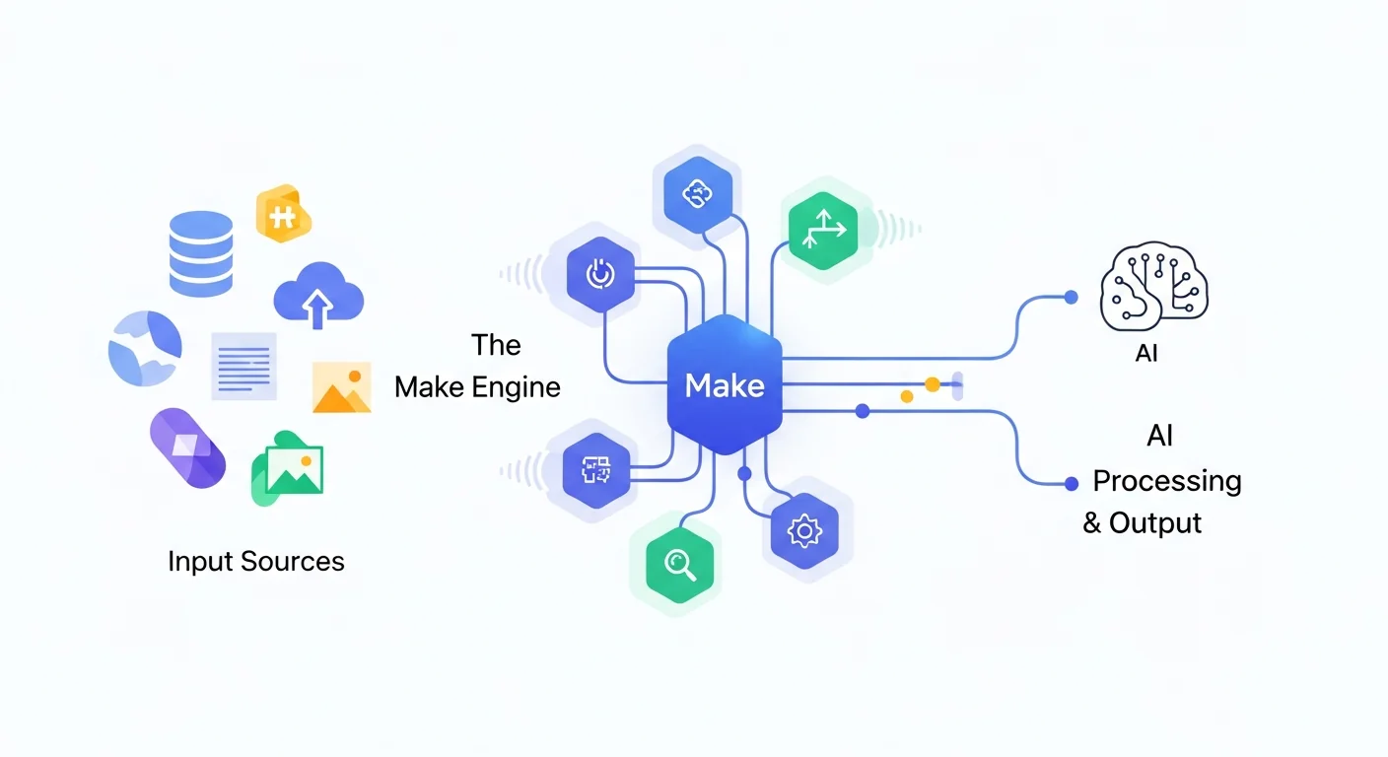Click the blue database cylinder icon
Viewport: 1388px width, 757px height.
tap(201, 253)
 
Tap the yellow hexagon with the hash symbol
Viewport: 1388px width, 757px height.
tap(283, 214)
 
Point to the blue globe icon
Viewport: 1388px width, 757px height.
tap(145, 348)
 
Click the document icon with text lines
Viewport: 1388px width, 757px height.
tap(243, 366)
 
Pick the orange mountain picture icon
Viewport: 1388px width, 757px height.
tap(341, 387)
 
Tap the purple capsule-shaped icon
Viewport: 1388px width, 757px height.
tap(187, 448)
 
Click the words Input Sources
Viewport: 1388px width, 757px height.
tap(256, 562)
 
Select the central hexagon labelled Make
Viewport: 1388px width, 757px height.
tap(725, 385)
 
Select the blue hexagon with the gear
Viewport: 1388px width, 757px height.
tap(804, 530)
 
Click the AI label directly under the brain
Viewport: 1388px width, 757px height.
tap(1146, 353)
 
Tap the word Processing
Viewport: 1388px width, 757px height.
tap(1167, 481)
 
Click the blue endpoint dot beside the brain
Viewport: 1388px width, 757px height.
tap(1072, 297)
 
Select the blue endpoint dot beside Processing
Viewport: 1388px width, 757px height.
tap(1072, 483)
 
